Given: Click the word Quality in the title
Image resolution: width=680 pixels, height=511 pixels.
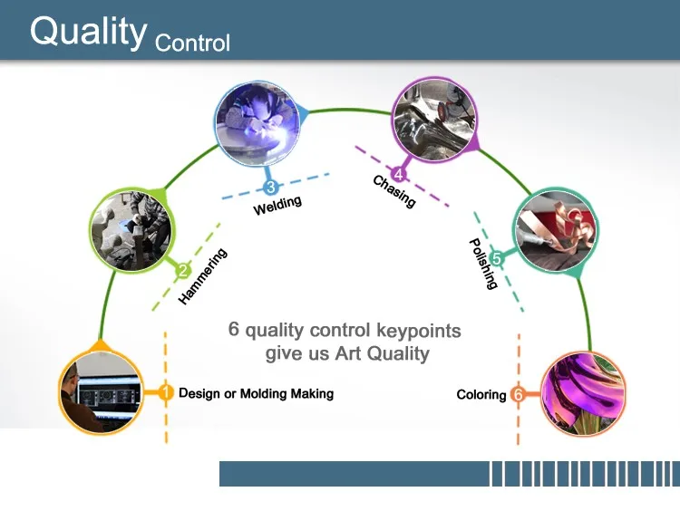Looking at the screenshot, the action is coord(89,31).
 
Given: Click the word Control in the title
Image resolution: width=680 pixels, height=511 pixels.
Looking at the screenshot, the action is coord(192,43).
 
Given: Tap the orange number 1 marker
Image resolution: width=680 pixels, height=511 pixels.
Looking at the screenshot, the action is coord(165,392).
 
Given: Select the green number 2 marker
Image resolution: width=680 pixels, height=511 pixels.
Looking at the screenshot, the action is coord(183,271).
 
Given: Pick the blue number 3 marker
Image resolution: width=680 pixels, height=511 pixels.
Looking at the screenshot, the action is coord(270,188).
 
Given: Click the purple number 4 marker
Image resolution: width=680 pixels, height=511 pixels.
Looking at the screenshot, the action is coord(398,175).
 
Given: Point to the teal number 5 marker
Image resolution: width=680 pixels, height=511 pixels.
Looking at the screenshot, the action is coord(496,259).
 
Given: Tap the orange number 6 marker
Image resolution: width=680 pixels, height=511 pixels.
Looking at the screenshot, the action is coord(518,394).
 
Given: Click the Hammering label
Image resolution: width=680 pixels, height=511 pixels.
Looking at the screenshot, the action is coord(202,276).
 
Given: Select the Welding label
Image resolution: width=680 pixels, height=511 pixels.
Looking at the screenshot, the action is coord(277,206).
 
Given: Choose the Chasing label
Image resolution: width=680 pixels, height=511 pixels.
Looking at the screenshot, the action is coord(394,191).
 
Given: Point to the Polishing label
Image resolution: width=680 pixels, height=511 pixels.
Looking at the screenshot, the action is coord(483,263).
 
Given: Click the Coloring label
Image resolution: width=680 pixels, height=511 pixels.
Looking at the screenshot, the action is coord(481,394).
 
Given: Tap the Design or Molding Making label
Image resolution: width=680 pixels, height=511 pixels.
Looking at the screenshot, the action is coord(257,393).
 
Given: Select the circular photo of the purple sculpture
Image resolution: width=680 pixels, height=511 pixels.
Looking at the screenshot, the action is coord(583,393).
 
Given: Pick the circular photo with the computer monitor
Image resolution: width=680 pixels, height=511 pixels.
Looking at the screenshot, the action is coord(101,391).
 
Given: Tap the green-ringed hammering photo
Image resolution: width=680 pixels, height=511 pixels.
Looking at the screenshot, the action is coord(131,230).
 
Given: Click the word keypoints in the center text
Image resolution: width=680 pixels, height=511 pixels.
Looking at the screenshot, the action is coord(419,331).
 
